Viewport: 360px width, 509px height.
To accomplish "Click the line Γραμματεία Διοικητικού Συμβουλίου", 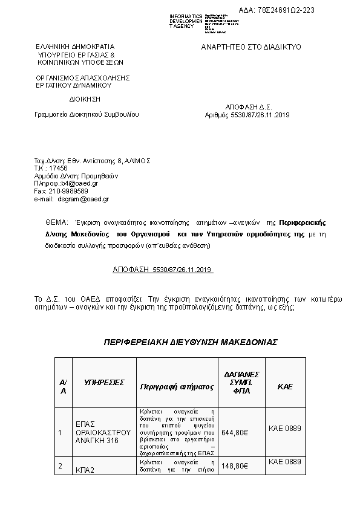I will coord(87,114).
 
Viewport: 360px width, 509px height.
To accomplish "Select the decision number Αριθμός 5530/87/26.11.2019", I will coord(248,115).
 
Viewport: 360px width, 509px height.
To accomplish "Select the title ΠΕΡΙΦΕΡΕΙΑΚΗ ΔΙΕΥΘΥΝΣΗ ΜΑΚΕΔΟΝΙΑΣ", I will coord(191,342).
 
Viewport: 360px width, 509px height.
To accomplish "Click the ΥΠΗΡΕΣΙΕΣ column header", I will coord(104,383).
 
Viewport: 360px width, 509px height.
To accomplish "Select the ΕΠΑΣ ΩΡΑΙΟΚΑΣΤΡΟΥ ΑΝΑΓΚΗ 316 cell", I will coord(102,432).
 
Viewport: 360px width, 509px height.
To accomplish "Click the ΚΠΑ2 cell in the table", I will coord(85,469).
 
